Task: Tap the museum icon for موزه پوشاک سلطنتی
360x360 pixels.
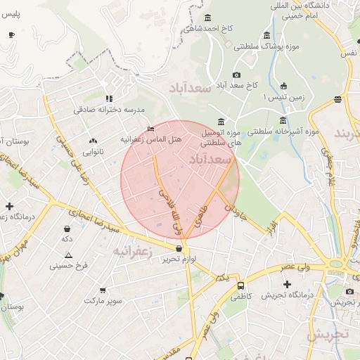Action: (x=266, y=35)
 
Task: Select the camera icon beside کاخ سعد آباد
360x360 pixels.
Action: (x=236, y=75)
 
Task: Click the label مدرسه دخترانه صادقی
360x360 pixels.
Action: (x=109, y=110)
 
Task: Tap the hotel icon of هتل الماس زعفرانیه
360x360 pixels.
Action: (x=151, y=129)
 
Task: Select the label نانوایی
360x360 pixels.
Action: (x=93, y=151)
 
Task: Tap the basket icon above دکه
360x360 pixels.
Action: (x=67, y=229)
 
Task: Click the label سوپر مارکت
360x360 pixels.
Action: (x=103, y=300)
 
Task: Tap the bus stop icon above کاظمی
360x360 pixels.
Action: (x=241, y=286)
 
